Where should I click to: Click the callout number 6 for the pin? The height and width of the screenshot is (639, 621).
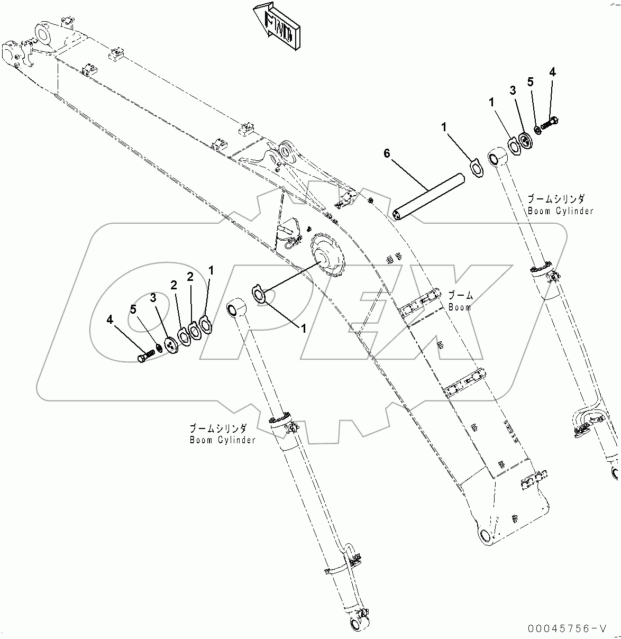pyautogui.click(x=387, y=153)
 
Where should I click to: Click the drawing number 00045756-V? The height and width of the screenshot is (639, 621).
pyautogui.click(x=566, y=628)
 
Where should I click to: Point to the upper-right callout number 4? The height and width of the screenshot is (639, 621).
pyautogui.click(x=552, y=72)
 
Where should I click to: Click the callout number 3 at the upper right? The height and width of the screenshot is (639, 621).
pyautogui.click(x=513, y=90)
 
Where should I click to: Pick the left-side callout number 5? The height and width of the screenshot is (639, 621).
pyautogui.click(x=133, y=309)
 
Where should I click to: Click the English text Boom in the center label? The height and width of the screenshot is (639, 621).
pyautogui.click(x=459, y=307)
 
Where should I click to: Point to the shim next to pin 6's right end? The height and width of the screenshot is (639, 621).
pyautogui.click(x=478, y=171)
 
